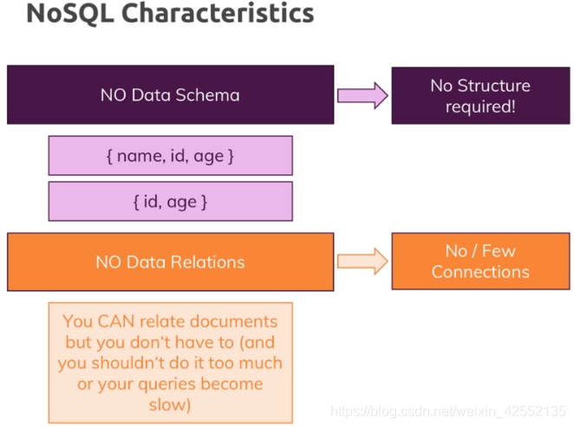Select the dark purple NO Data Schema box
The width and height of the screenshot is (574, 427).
[170, 94]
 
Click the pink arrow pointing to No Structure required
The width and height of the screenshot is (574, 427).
[362, 95]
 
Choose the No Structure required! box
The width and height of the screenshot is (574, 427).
[479, 95]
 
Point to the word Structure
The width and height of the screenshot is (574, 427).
[492, 86]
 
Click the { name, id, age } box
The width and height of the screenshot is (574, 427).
[170, 156]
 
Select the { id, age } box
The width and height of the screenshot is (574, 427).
[170, 202]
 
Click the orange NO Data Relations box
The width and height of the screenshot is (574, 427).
[170, 262]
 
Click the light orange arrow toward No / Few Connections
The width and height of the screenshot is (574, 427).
[362, 262]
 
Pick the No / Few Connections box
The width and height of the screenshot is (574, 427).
[479, 262]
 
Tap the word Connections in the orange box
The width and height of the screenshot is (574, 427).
[479, 272]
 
